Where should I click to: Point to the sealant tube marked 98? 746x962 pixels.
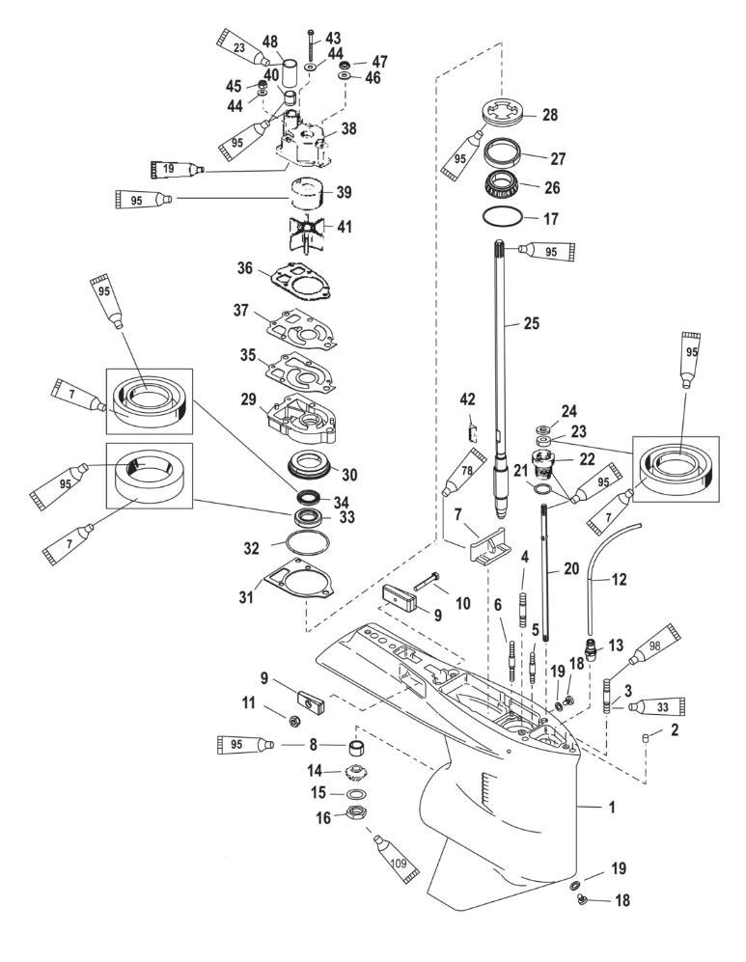point(655,650)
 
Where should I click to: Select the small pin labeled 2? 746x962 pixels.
point(648,738)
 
